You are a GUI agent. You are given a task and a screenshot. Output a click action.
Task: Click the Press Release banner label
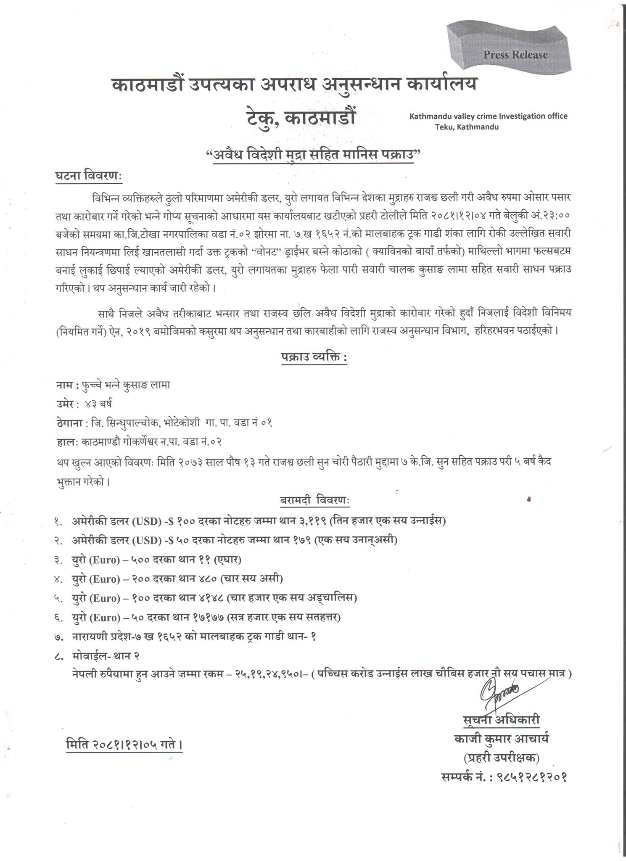515,55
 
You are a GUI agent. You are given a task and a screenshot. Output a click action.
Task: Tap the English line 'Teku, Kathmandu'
467,127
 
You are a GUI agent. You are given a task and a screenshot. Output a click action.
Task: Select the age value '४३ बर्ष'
98,404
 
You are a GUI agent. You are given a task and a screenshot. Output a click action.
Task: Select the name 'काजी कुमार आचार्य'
501,738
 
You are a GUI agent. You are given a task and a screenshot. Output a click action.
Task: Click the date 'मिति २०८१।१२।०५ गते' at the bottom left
124,745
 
